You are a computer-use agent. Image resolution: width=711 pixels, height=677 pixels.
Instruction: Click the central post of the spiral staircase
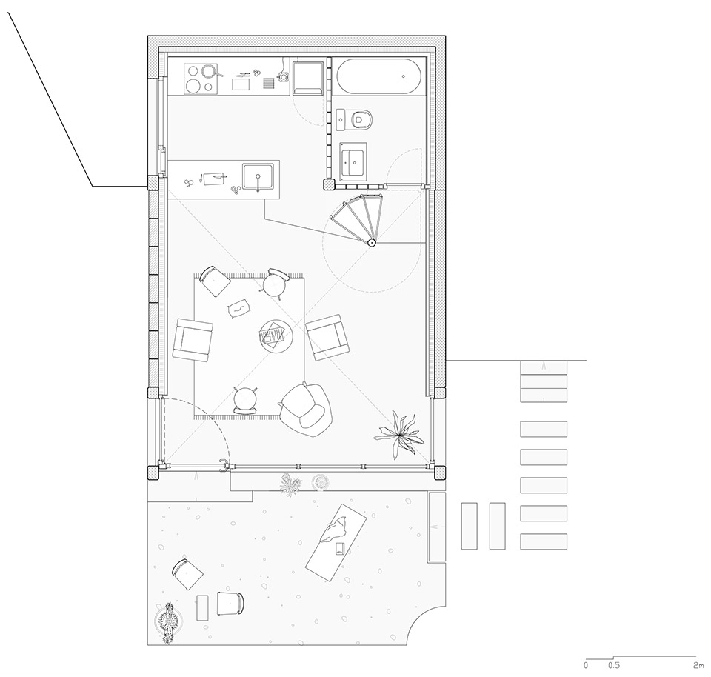coord(371,241)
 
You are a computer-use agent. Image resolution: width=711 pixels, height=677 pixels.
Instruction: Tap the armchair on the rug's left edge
coord(193,339)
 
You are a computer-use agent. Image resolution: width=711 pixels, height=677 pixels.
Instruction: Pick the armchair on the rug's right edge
coord(328,337)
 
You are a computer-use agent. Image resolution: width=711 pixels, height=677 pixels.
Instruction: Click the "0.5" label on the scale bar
coord(613,665)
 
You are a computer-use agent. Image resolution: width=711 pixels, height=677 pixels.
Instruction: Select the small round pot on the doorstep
coord(321,483)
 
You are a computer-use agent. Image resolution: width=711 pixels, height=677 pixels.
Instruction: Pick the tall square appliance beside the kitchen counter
coord(308,78)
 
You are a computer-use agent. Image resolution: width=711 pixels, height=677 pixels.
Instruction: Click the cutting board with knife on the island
coord(216,178)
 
